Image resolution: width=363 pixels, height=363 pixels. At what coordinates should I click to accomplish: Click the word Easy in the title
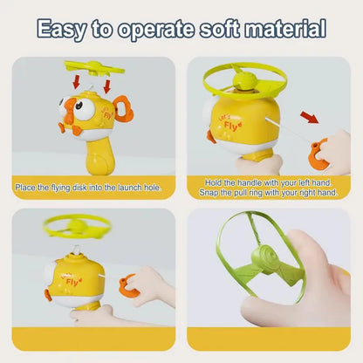[62, 30]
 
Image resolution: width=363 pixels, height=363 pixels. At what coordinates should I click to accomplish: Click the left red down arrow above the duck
[76, 81]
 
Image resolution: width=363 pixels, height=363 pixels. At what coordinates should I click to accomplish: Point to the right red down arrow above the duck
[107, 86]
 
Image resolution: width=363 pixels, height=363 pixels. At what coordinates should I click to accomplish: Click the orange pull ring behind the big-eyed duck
[124, 108]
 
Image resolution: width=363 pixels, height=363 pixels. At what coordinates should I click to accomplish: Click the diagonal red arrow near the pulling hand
[310, 117]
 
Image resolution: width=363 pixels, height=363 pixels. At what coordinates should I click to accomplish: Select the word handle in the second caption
[250, 183]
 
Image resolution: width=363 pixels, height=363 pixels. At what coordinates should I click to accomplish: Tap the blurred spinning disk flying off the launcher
[77, 226]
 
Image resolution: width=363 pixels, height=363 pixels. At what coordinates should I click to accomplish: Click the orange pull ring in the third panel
[129, 286]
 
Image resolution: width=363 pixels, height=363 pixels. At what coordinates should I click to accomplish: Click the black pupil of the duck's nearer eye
[79, 106]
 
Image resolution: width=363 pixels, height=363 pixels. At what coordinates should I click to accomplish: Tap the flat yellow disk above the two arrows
[94, 68]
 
